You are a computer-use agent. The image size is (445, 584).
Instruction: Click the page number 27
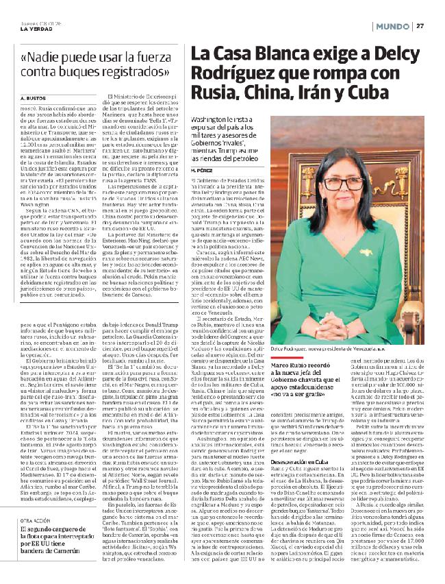(420, 25)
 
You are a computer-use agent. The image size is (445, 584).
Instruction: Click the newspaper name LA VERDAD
(35, 28)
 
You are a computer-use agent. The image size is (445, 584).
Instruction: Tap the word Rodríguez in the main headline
(233, 73)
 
